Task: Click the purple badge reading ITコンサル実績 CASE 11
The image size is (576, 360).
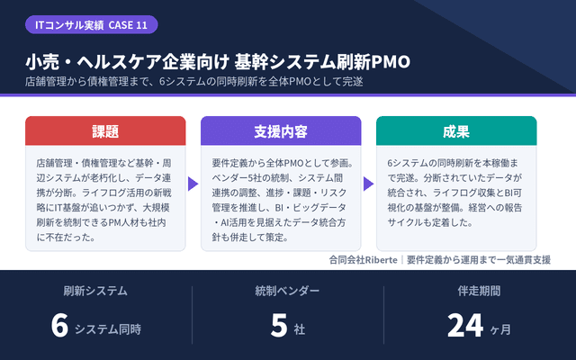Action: (x=92, y=25)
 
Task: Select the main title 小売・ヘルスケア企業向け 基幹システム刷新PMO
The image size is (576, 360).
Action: (x=218, y=62)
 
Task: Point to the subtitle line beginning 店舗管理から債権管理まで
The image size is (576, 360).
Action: (x=194, y=81)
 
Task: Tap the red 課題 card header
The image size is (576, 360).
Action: (x=105, y=131)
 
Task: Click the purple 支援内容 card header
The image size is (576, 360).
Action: (x=281, y=131)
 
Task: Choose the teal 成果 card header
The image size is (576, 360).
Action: (x=456, y=131)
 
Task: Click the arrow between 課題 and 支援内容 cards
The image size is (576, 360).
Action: (x=193, y=184)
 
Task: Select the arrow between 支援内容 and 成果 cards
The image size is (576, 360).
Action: (x=368, y=184)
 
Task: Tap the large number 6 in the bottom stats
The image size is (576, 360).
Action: (x=60, y=326)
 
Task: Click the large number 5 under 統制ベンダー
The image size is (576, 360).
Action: (x=279, y=326)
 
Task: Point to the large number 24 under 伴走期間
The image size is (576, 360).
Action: (x=465, y=326)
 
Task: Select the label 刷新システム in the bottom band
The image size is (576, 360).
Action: (x=95, y=291)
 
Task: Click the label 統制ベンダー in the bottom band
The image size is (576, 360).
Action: (x=287, y=291)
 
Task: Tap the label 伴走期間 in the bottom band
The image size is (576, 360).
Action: (x=479, y=291)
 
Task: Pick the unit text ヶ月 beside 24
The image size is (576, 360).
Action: (x=500, y=329)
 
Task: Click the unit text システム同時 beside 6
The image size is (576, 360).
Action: (x=108, y=329)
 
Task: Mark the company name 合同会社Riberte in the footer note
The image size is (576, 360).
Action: (x=364, y=260)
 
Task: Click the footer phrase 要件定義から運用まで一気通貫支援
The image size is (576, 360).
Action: (x=479, y=260)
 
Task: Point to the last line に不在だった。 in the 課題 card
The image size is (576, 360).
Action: (x=66, y=238)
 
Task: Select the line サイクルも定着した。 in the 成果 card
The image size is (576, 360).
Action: (x=430, y=222)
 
